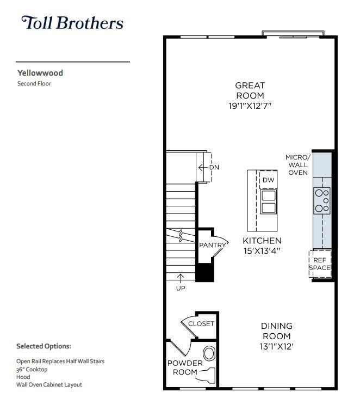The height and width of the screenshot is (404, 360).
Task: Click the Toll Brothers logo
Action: click(72, 23)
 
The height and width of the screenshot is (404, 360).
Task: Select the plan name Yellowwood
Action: click(40, 72)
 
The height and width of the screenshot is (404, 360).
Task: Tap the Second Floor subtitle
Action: click(34, 84)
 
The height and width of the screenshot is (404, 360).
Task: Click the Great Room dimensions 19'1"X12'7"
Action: click(250, 106)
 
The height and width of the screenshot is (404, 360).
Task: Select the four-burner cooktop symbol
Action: click(322, 199)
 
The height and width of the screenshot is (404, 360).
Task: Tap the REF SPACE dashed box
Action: click(320, 264)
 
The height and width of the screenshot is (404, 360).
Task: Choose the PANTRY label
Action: click(212, 245)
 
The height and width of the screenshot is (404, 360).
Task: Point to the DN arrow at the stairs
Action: click(204, 167)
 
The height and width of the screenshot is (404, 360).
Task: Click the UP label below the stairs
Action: click(180, 289)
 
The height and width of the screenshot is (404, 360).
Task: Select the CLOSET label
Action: click(201, 324)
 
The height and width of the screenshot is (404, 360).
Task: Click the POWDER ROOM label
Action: click(185, 368)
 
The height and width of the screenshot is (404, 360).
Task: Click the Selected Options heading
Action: click(44, 346)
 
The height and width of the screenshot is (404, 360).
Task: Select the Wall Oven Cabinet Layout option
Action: click(49, 384)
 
